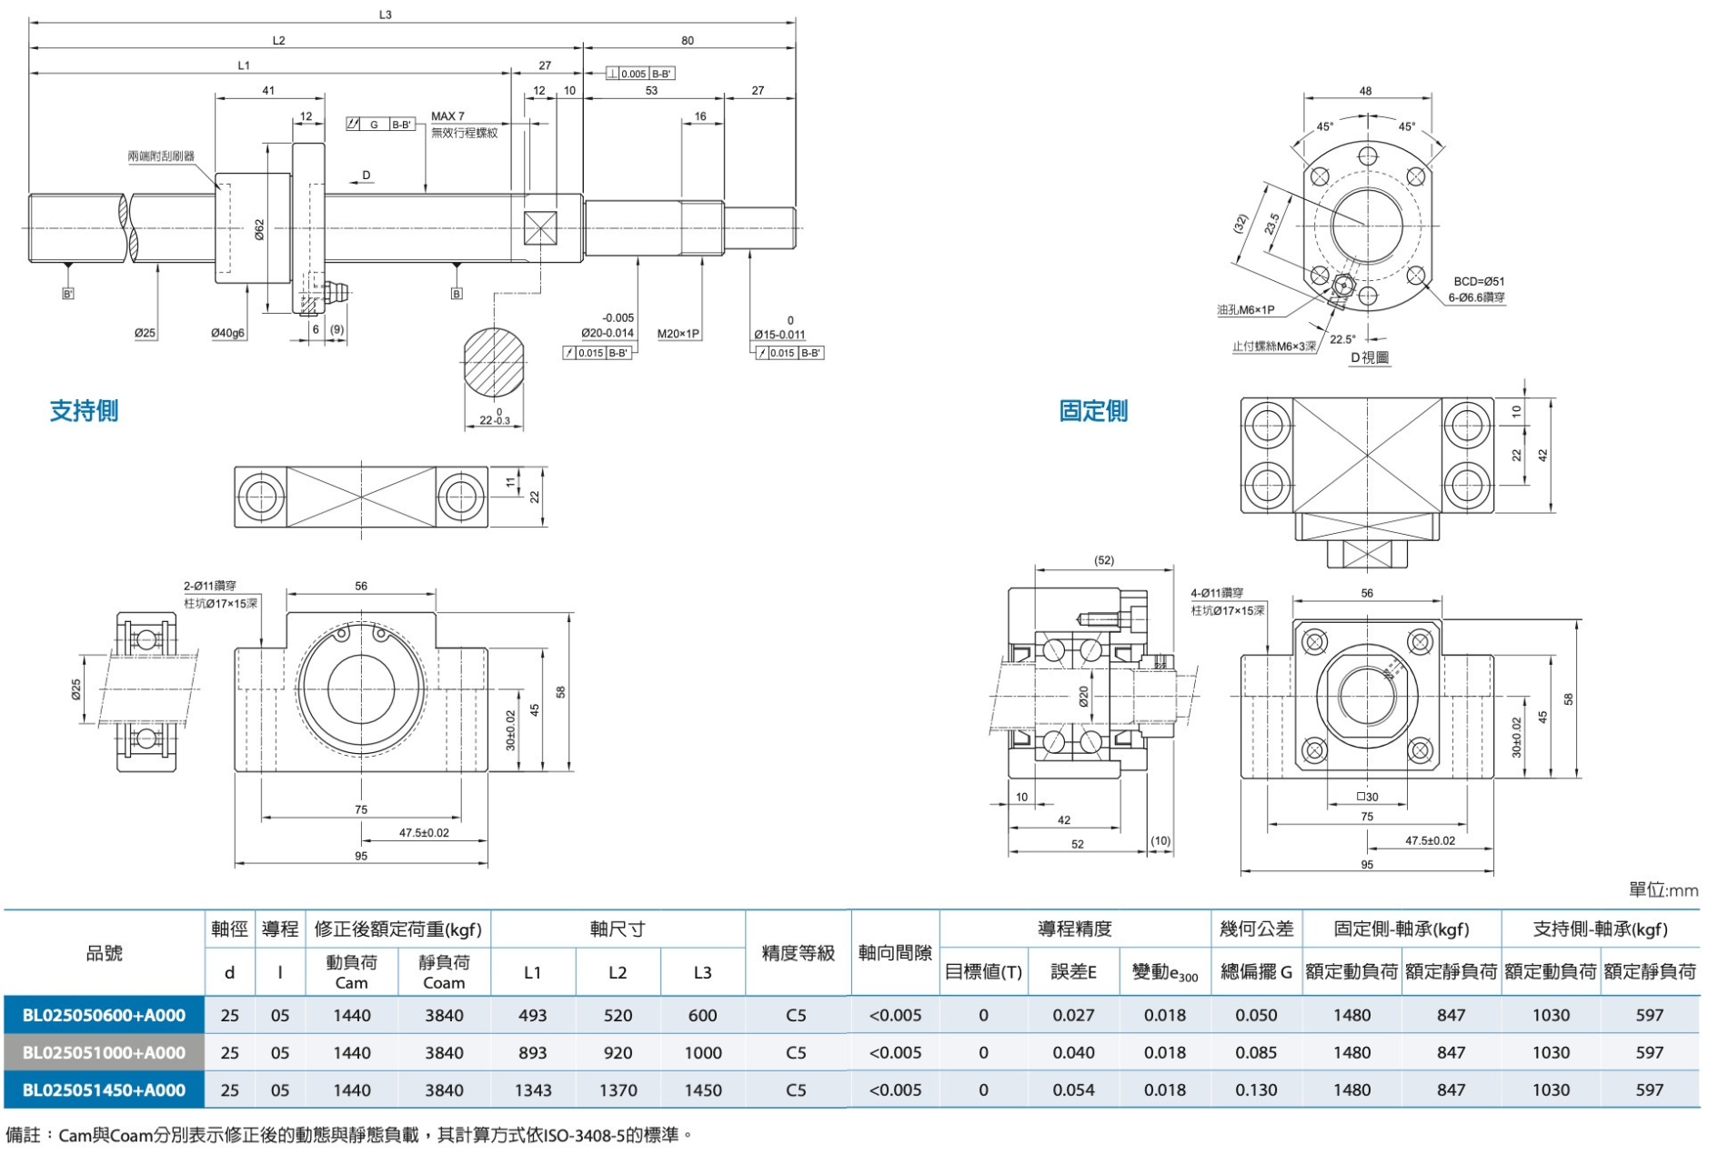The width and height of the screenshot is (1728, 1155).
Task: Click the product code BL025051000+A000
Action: tap(104, 1052)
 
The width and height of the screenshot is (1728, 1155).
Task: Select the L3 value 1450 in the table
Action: tap(703, 1090)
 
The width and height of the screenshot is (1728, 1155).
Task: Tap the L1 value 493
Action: tap(532, 1015)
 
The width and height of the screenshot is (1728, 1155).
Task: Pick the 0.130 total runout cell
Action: tap(1256, 1090)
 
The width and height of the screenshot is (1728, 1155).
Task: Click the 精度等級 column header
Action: tap(798, 952)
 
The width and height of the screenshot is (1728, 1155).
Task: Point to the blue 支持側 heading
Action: tap(84, 411)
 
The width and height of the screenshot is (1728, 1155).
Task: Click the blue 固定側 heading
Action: tap(1093, 411)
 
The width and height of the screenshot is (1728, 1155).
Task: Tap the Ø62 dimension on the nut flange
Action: tap(259, 229)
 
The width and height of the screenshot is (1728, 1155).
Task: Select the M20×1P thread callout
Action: tap(678, 334)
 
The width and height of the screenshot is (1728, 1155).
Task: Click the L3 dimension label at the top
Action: tap(385, 15)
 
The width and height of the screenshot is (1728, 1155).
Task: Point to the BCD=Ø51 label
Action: tap(1479, 281)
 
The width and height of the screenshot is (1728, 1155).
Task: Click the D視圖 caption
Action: tap(1370, 357)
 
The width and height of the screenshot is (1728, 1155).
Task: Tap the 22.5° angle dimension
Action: tap(1342, 339)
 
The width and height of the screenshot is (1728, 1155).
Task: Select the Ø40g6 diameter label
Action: tap(228, 334)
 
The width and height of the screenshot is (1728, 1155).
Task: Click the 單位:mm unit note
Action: tap(1663, 890)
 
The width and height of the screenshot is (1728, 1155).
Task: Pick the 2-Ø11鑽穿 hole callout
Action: tap(210, 586)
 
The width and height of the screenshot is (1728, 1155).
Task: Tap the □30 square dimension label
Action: tap(1367, 797)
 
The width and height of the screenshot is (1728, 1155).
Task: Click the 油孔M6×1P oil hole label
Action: tap(1246, 310)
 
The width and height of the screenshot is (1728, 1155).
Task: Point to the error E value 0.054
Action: tap(1073, 1090)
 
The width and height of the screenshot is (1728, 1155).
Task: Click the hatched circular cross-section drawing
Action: tap(494, 362)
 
